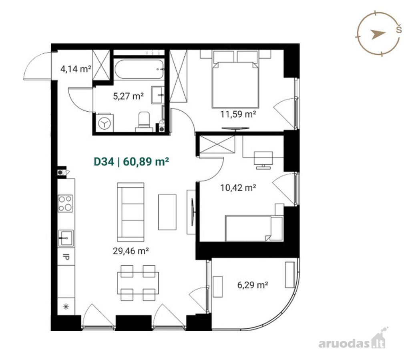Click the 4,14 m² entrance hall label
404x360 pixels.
pos(76,69)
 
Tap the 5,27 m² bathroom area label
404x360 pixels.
pos(128,96)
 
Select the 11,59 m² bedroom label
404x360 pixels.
pos(238,114)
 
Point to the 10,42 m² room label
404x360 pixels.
pos(238,188)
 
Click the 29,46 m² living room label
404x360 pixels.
pos(131,251)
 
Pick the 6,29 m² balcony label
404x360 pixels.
pos(253,285)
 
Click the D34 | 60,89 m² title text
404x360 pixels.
pos(131,162)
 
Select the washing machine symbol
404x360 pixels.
pos(105,123)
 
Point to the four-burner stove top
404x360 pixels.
pos(65,204)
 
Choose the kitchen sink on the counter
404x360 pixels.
pos(66,238)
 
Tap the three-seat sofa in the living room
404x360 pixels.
pos(131,212)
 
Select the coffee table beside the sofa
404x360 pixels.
pos(167,212)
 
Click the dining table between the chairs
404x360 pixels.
pos(138,283)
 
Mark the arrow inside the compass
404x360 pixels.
pos(378,34)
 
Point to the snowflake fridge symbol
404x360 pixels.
pos(66,306)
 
